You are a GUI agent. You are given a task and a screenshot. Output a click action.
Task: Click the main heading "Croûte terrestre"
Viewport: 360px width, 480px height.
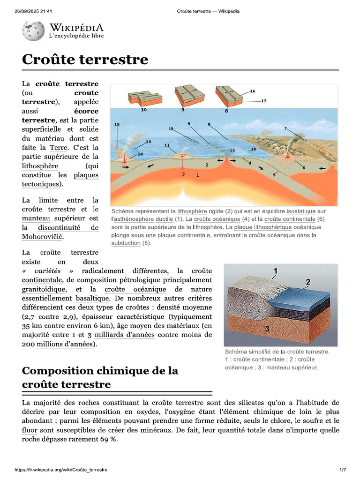(85, 60)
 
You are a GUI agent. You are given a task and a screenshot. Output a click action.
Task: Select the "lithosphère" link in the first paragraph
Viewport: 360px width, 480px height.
(40, 166)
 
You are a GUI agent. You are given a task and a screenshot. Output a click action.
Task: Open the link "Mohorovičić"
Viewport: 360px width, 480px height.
(43, 236)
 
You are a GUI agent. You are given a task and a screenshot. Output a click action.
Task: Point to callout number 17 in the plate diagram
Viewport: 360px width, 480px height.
(263, 101)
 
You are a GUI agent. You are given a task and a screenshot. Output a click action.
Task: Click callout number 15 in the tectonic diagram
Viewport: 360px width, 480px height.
(117, 124)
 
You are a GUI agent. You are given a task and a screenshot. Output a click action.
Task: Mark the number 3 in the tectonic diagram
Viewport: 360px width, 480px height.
(183, 174)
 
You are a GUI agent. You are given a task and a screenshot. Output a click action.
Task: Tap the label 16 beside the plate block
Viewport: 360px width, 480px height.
(252, 91)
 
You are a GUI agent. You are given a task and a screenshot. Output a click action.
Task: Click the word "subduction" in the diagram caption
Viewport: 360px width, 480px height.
(126, 243)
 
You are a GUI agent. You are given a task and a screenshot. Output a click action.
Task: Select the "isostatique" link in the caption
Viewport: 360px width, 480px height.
(301, 211)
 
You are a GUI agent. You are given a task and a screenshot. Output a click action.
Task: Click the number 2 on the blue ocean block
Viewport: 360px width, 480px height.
(308, 282)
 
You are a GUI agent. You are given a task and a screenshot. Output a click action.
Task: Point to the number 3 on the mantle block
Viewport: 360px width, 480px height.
(267, 329)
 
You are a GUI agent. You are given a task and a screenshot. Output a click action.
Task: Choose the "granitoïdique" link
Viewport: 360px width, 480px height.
(44, 289)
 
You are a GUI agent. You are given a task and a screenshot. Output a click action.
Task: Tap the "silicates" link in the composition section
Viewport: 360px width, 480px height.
(251, 402)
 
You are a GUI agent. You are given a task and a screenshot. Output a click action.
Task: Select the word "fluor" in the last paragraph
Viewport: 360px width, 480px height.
(30, 430)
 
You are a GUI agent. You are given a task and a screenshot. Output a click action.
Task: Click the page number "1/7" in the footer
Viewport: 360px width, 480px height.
(343, 470)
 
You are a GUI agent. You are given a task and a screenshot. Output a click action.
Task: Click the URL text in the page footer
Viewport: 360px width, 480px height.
(61, 470)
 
